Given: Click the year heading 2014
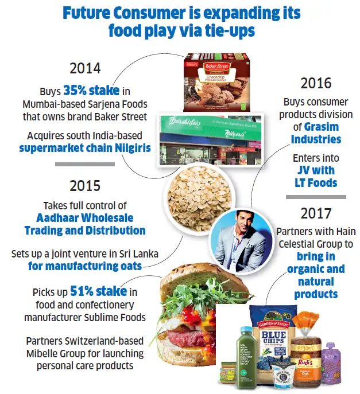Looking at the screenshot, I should pos(84,68).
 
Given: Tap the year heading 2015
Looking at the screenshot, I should pos(84,186).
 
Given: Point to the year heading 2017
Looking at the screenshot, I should pos(317,213).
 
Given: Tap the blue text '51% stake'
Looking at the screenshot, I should pos(99,291).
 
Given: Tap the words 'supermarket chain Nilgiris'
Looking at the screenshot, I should pos(84,148).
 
